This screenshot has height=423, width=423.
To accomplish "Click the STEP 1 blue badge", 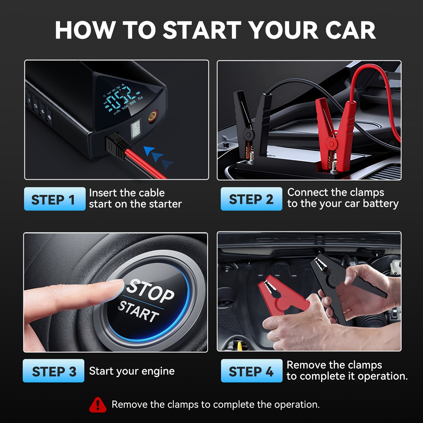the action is pyautogui.click(x=55, y=199).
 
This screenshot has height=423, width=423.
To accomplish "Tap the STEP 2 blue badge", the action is pyautogui.click(x=251, y=199).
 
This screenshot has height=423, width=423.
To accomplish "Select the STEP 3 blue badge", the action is pyautogui.click(x=54, y=371).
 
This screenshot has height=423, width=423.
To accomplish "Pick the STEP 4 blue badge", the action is pyautogui.click(x=251, y=371).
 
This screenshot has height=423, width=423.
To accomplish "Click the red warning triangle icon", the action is pyautogui.click(x=98, y=405).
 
